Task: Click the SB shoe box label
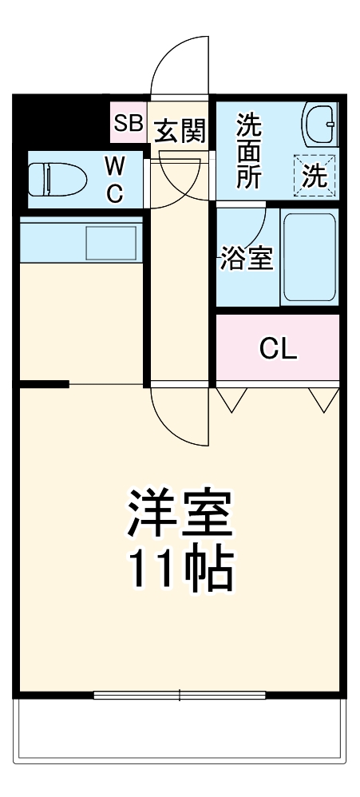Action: pyautogui.click(x=128, y=123)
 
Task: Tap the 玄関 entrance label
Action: pyautogui.click(x=180, y=129)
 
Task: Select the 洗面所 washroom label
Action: pyautogui.click(x=249, y=151)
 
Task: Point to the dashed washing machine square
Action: pyautogui.click(x=315, y=174)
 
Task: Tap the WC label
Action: pyautogui.click(x=115, y=180)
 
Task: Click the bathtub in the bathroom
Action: pyautogui.click(x=310, y=257)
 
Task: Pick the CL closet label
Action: pyautogui.click(x=278, y=348)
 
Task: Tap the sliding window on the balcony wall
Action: pyautogui.click(x=179, y=695)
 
